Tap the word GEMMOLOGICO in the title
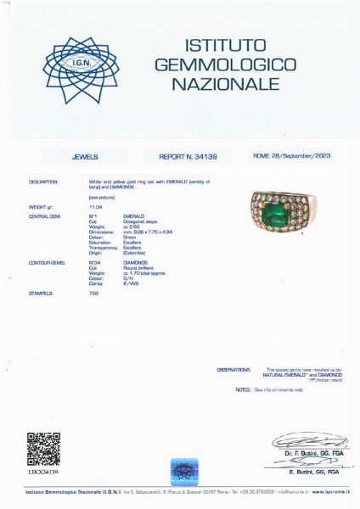point(224,64)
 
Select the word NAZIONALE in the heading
point(224,84)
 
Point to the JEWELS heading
point(85,157)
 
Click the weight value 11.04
point(95,206)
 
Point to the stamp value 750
point(93,293)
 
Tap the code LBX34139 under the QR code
point(43,472)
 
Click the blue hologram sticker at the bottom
point(184,470)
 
